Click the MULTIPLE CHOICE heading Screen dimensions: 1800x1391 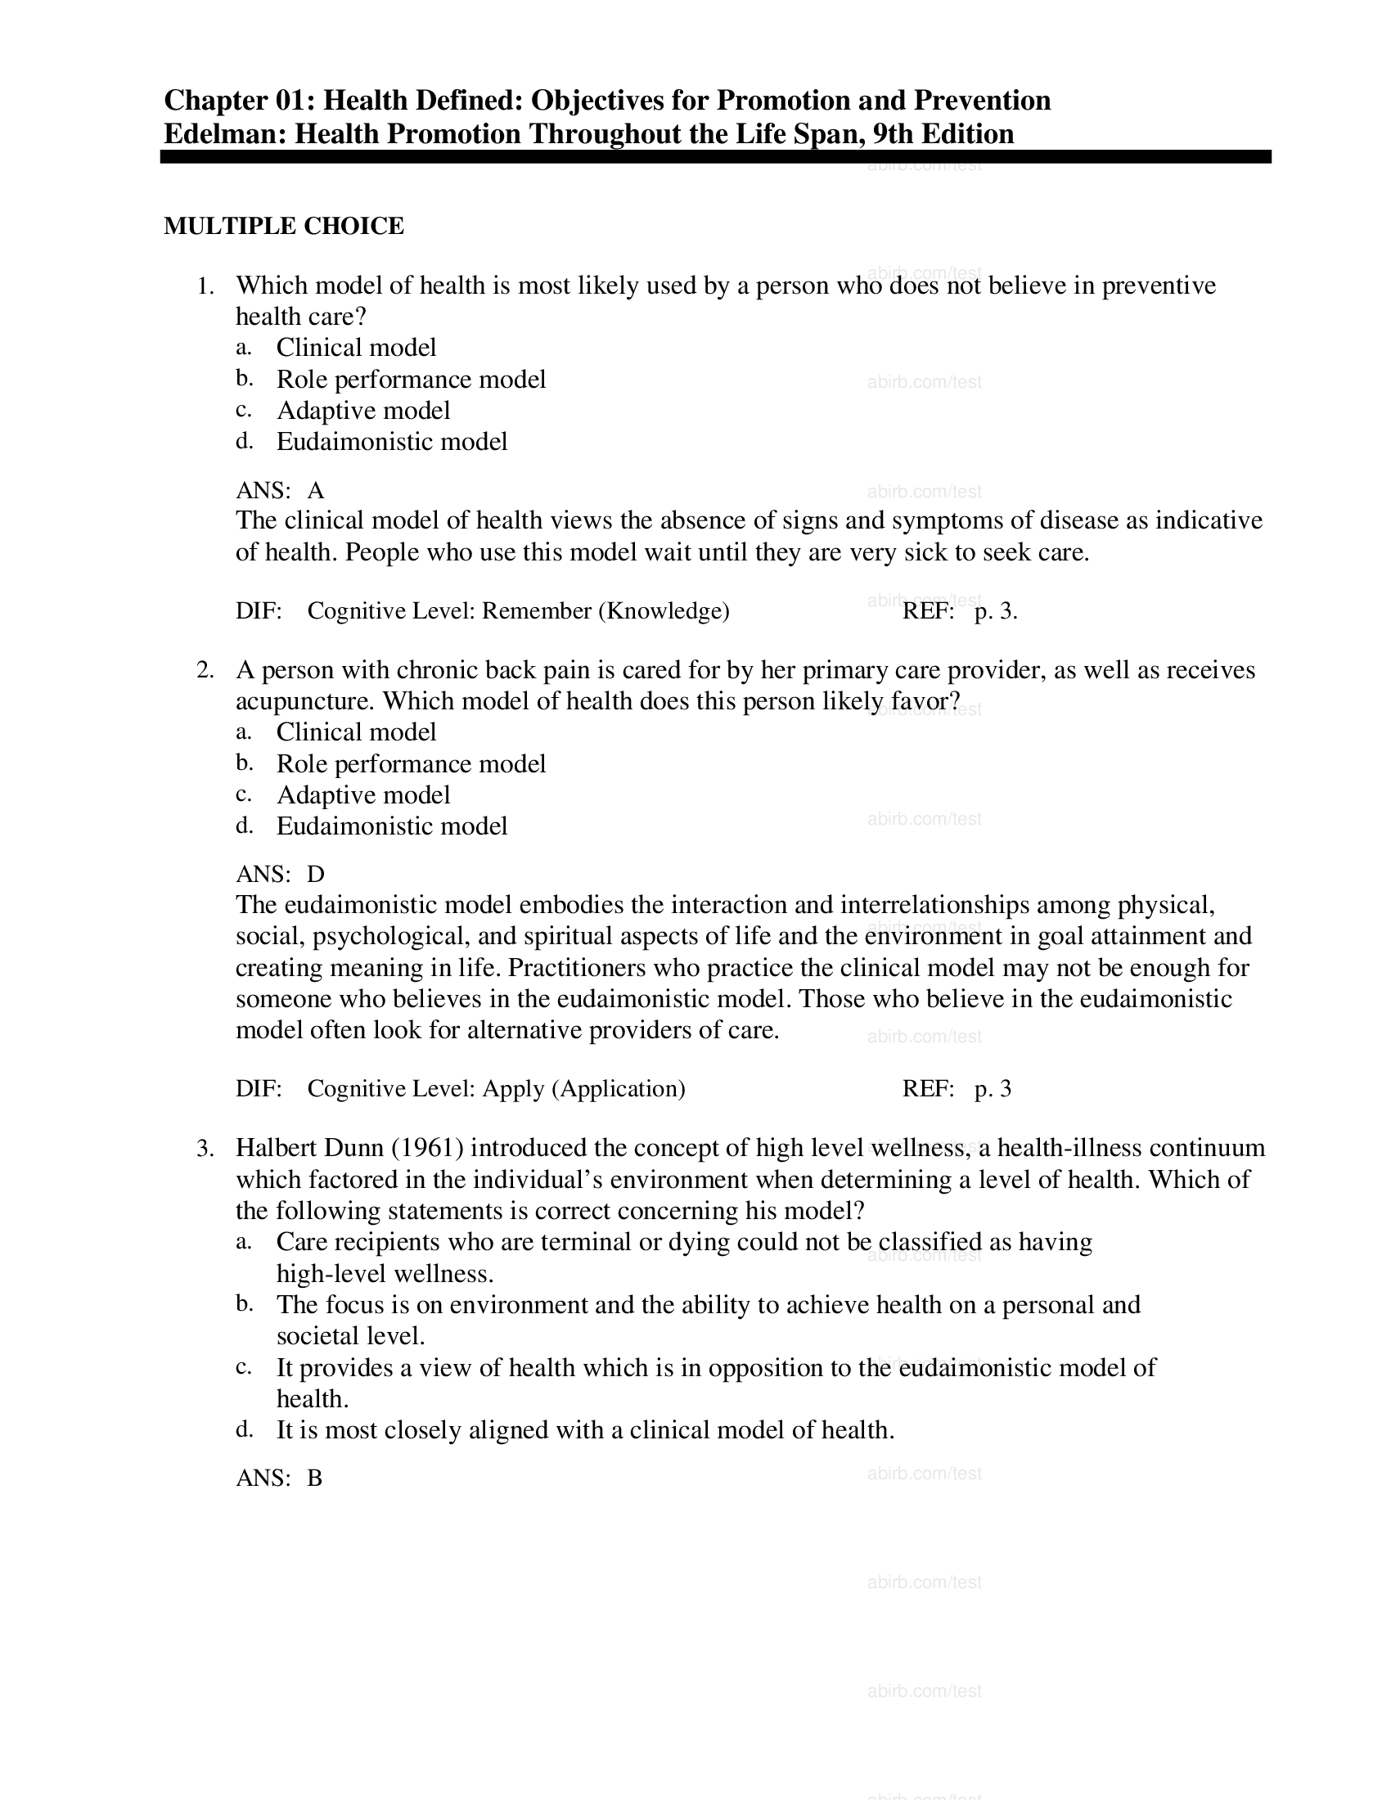[283, 226]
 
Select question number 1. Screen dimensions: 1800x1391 [205, 286]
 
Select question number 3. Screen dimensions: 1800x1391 [205, 1148]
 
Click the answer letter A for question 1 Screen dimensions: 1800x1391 [316, 491]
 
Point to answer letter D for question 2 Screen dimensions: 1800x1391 [316, 875]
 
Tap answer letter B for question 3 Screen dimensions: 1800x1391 [315, 1478]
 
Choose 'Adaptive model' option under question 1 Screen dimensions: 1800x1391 [363, 411]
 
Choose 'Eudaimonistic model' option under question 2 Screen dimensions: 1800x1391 [391, 826]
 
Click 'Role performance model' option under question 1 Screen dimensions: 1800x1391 [411, 379]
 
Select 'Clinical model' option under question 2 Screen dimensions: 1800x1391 [356, 732]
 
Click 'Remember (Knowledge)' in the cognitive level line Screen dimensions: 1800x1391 [605, 610]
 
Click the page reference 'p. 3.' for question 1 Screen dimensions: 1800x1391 [996, 611]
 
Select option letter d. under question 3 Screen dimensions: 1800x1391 [244, 1429]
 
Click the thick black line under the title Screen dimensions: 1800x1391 [715, 156]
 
